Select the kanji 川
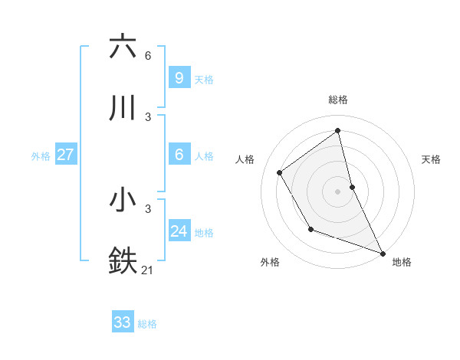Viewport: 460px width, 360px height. coord(123,109)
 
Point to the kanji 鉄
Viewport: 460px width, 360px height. coord(123,260)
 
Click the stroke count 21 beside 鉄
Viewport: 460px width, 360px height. coord(148,270)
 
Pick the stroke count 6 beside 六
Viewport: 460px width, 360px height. coord(148,56)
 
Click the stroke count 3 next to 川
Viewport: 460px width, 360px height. coord(148,117)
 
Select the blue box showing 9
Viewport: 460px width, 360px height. coord(179,78)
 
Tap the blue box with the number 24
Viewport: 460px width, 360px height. coord(179,231)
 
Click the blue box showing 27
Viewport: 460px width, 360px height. coord(65,155)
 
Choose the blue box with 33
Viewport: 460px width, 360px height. coord(122,322)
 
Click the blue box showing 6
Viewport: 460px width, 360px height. coord(179,155)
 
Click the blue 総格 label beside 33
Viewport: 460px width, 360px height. coord(147,324)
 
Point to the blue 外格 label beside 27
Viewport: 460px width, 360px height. coord(41,156)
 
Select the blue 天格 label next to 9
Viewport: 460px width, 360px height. coord(204,80)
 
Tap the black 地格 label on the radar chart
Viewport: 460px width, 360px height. coord(402,263)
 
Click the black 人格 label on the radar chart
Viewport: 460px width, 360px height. coord(245,159)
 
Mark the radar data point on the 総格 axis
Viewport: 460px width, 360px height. coord(338,131)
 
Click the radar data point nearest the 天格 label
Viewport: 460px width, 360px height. coord(352,186)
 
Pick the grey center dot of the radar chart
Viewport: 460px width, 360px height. coord(338,191)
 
